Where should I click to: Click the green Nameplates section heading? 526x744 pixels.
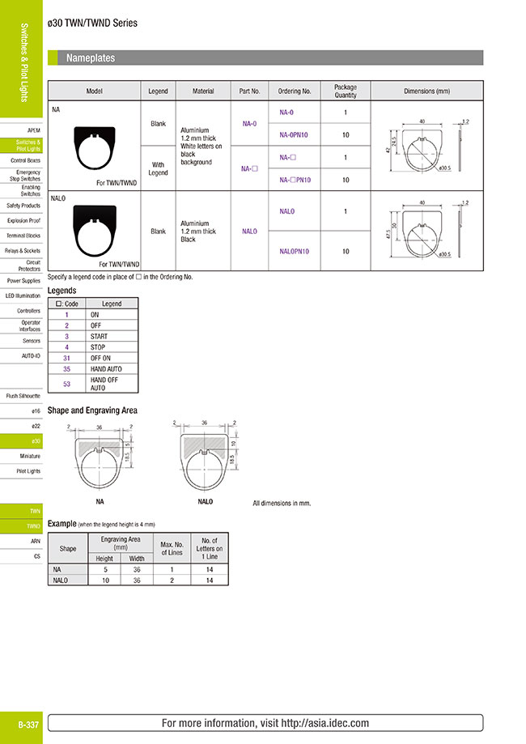[x=91, y=58]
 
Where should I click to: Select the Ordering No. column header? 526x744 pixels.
[x=295, y=91]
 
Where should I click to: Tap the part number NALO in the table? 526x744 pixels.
[x=249, y=231]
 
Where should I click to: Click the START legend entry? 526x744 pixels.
[x=100, y=336]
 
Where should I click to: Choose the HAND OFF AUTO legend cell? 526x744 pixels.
[x=104, y=383]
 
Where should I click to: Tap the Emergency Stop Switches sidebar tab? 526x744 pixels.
[x=29, y=176]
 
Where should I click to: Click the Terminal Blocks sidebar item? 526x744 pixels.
[x=23, y=236]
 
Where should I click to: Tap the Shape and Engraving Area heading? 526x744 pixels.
[x=92, y=410]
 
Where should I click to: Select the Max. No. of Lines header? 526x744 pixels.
[x=172, y=548]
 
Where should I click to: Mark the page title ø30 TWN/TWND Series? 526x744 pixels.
[x=93, y=23]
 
